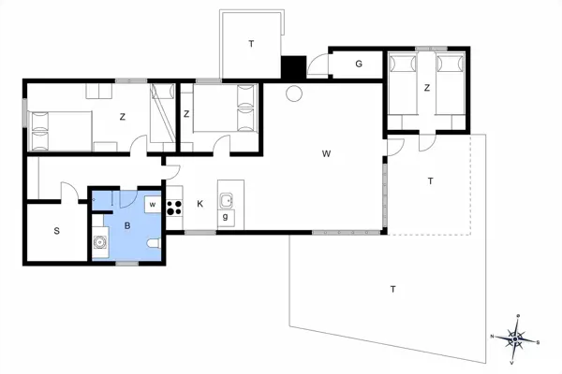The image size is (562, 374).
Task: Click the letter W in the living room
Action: pos(326,152)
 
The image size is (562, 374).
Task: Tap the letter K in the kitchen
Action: pos(200,203)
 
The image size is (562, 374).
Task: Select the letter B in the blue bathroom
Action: pos(127,225)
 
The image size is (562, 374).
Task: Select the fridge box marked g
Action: pos(226,218)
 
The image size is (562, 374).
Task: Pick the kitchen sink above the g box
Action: pos(226,199)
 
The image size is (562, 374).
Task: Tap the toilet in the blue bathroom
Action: pos(155,244)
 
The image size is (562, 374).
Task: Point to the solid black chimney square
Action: pos(294,69)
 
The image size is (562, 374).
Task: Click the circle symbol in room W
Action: pos(293,93)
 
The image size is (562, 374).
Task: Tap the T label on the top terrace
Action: pos(250,44)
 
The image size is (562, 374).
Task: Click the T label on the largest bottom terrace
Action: pos(392,290)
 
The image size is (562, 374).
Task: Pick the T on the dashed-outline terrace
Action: pos(430,180)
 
